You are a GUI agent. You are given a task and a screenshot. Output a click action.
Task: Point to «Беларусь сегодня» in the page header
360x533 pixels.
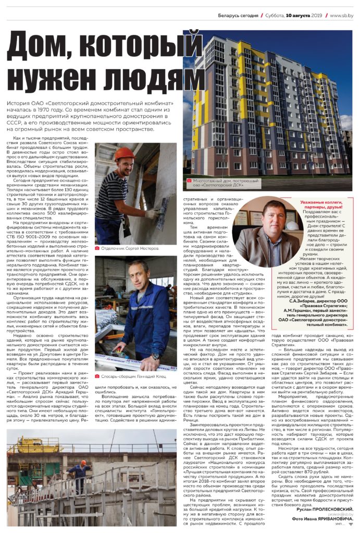point(238,16)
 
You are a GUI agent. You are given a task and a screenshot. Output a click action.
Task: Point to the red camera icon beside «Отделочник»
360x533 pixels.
point(97,249)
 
